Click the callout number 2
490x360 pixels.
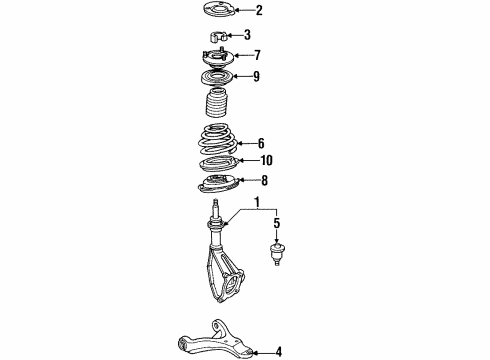point(259,11)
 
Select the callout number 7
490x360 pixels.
point(257,56)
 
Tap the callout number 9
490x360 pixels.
point(256,76)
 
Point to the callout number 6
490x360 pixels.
point(261,142)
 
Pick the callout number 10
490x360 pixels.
point(265,160)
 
